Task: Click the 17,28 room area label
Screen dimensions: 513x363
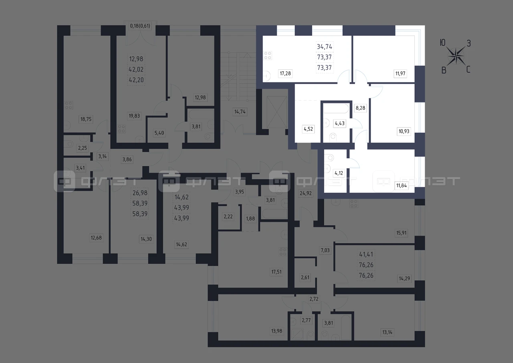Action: point(285,73)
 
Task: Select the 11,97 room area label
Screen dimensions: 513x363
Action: point(400,73)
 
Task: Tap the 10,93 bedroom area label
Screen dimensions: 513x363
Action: point(404,131)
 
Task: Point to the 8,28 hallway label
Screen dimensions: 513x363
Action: point(360,108)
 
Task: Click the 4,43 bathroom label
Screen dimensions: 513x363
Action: point(339,123)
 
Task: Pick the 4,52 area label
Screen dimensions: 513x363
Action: point(308,129)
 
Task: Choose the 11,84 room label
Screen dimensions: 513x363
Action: point(402,186)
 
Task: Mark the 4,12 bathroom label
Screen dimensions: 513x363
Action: point(339,173)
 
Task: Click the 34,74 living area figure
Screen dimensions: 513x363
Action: point(325,47)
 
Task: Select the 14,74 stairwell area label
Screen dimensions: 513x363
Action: point(240,112)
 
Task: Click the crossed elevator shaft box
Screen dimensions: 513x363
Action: point(277,112)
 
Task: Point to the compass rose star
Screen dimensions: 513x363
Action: point(456,56)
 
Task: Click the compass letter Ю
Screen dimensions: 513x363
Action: point(442,43)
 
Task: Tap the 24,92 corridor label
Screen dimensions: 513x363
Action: point(306,194)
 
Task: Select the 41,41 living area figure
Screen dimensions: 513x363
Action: point(366,255)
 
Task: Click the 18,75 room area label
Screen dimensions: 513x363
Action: point(86,119)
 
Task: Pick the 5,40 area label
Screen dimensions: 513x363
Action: point(159,133)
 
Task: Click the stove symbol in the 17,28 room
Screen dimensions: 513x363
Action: point(268,55)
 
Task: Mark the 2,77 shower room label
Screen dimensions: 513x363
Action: point(306,320)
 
